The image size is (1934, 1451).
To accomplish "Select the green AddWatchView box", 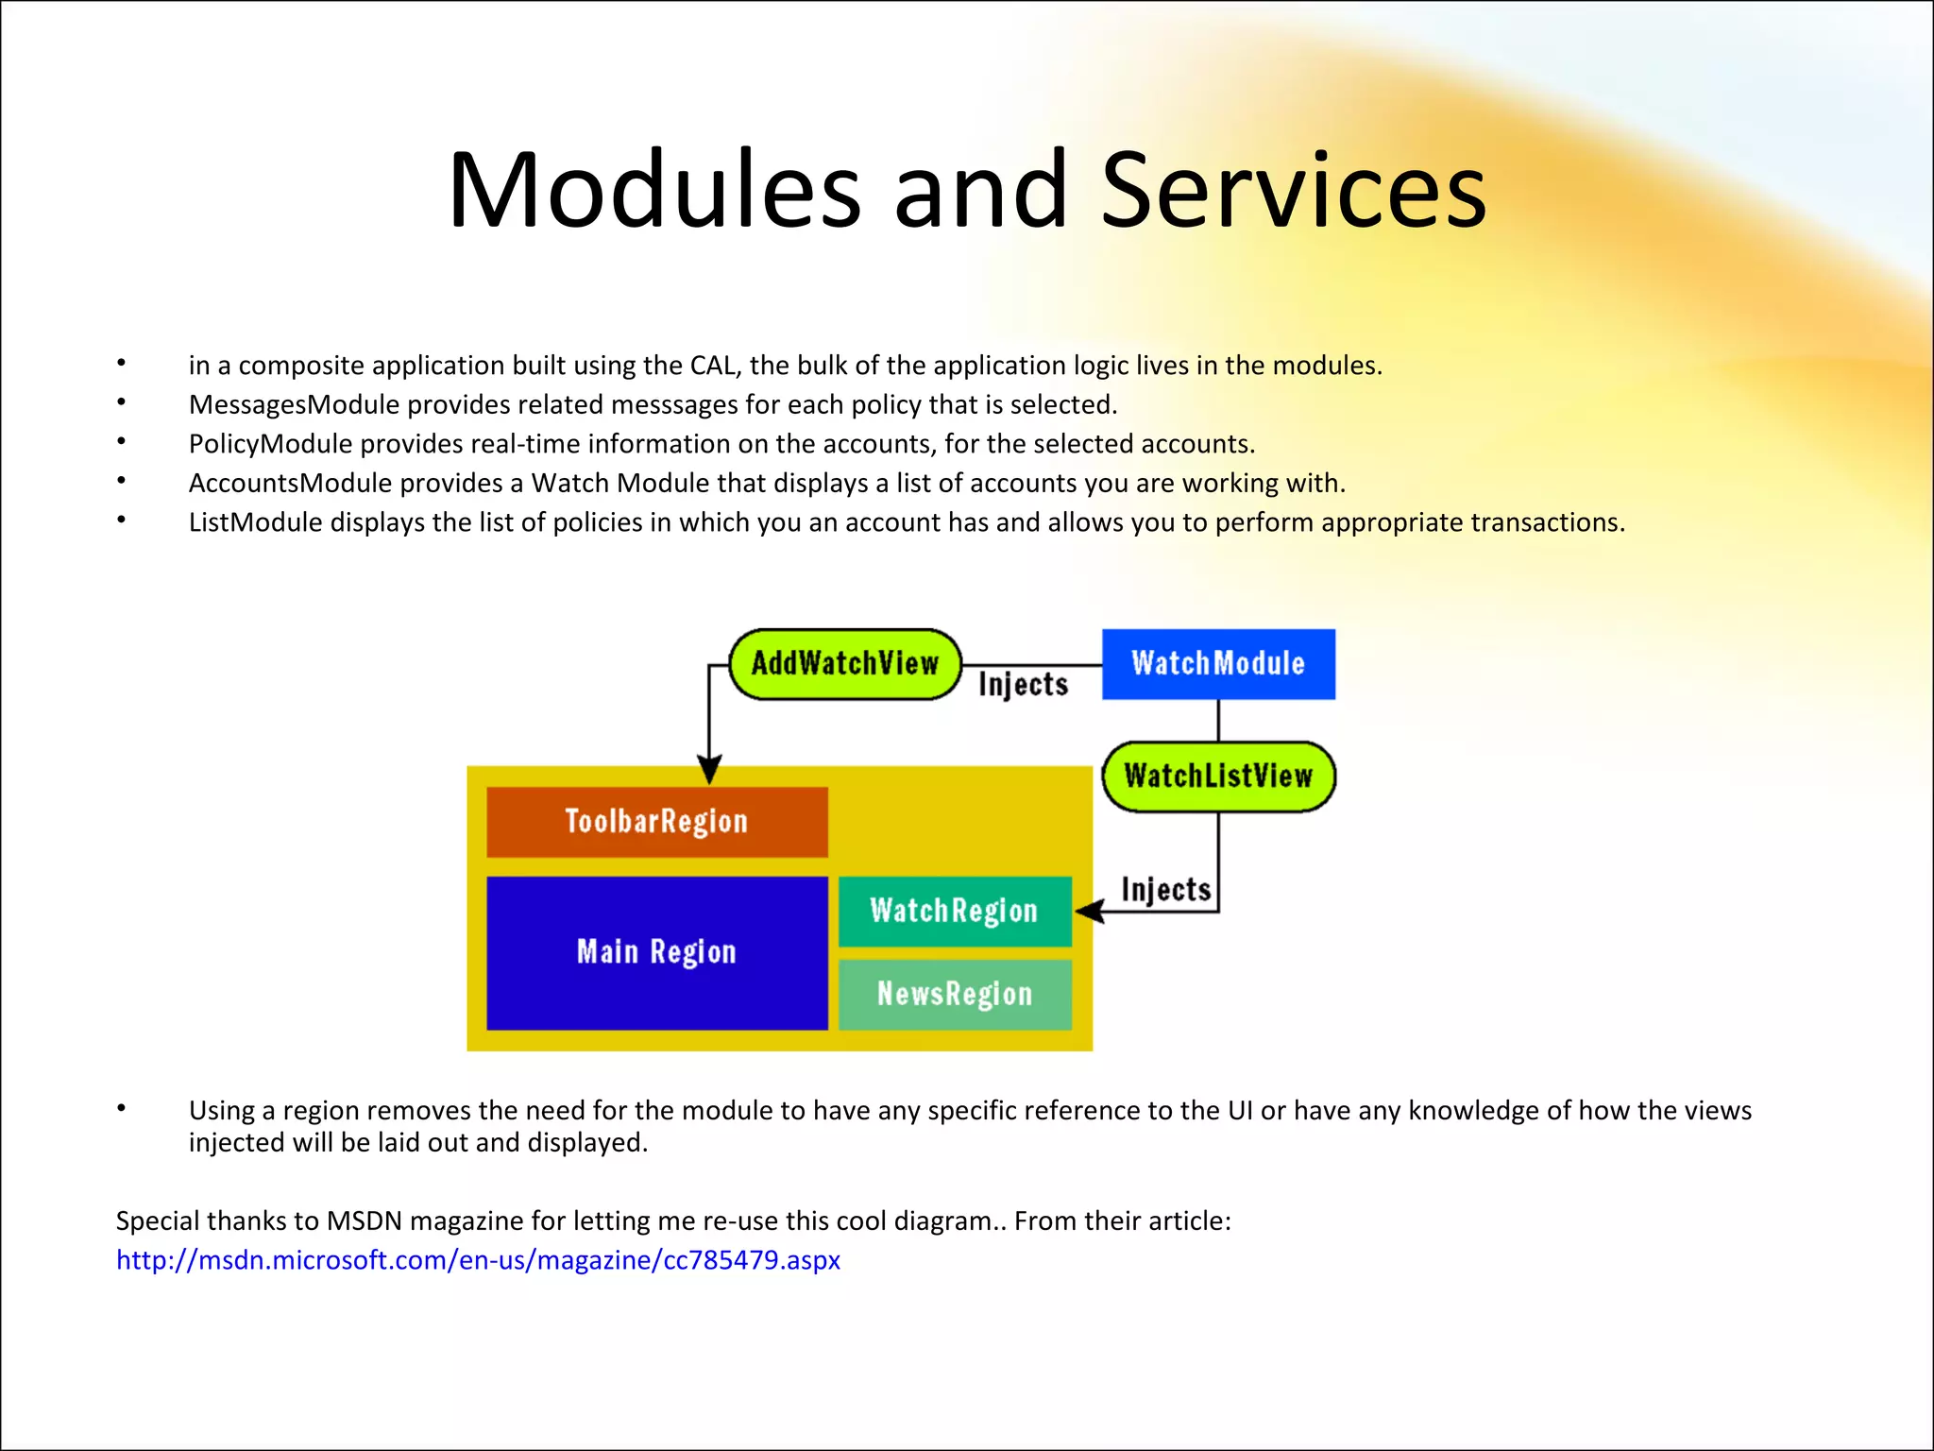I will [x=845, y=664].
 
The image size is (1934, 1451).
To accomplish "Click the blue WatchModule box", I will [x=1218, y=664].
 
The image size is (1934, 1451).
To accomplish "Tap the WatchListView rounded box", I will [x=1218, y=777].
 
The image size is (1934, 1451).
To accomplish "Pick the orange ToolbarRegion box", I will [x=656, y=822].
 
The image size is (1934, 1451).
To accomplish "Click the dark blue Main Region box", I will [x=656, y=952].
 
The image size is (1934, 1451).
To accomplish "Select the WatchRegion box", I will [x=955, y=912].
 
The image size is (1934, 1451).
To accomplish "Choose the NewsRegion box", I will [x=955, y=995].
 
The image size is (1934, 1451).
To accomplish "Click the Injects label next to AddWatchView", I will [x=1023, y=684].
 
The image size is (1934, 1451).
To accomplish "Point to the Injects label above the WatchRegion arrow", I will [x=1165, y=890].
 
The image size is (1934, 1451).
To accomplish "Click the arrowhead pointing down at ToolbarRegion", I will [x=709, y=768].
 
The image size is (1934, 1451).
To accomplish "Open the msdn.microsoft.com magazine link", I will [x=478, y=1260].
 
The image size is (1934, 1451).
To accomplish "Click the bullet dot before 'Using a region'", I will [x=121, y=1108].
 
